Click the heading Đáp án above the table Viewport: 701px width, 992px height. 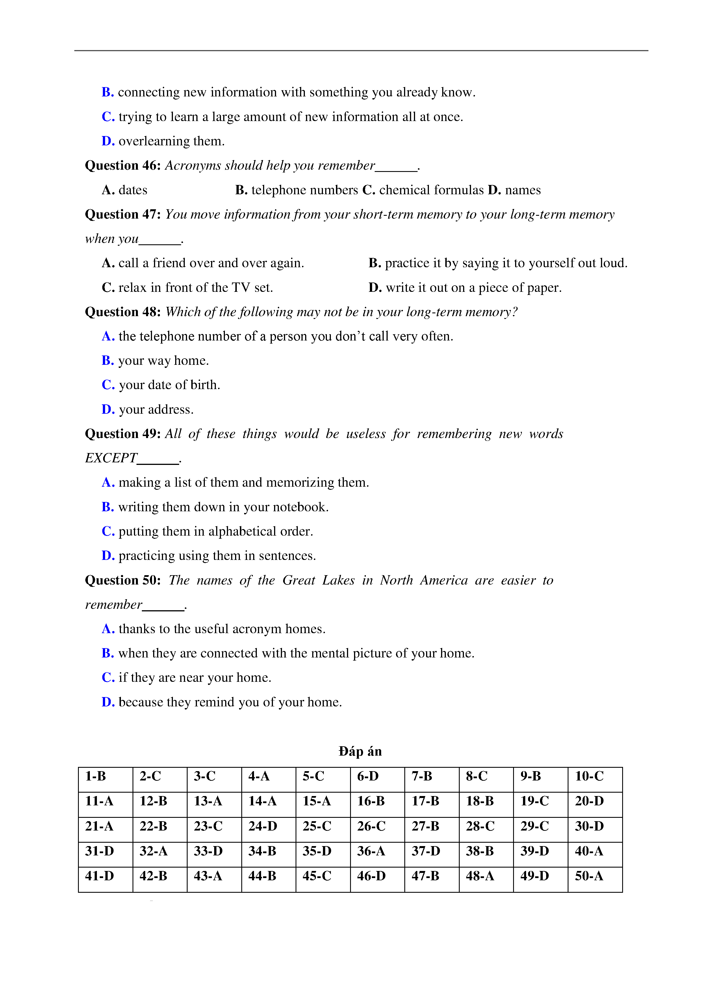(x=360, y=751)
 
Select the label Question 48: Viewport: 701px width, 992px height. (x=123, y=312)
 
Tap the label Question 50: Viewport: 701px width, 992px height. (x=123, y=580)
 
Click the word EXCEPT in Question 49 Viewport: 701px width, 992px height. (x=111, y=458)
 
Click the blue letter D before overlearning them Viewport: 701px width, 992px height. (x=107, y=141)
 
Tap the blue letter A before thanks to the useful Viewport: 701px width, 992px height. (x=107, y=629)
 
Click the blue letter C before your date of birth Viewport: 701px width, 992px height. (x=107, y=385)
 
